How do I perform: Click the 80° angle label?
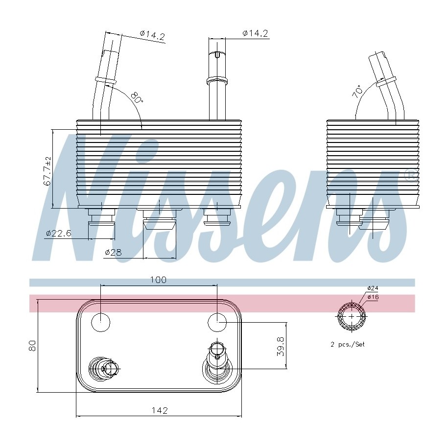137,98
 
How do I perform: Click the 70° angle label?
357,92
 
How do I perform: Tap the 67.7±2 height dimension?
47,171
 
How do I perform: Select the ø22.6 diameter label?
58,234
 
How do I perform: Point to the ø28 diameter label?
113,252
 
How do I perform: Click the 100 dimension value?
158,280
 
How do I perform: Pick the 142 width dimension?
160,411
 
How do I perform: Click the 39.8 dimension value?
281,346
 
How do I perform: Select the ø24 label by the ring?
373,288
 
